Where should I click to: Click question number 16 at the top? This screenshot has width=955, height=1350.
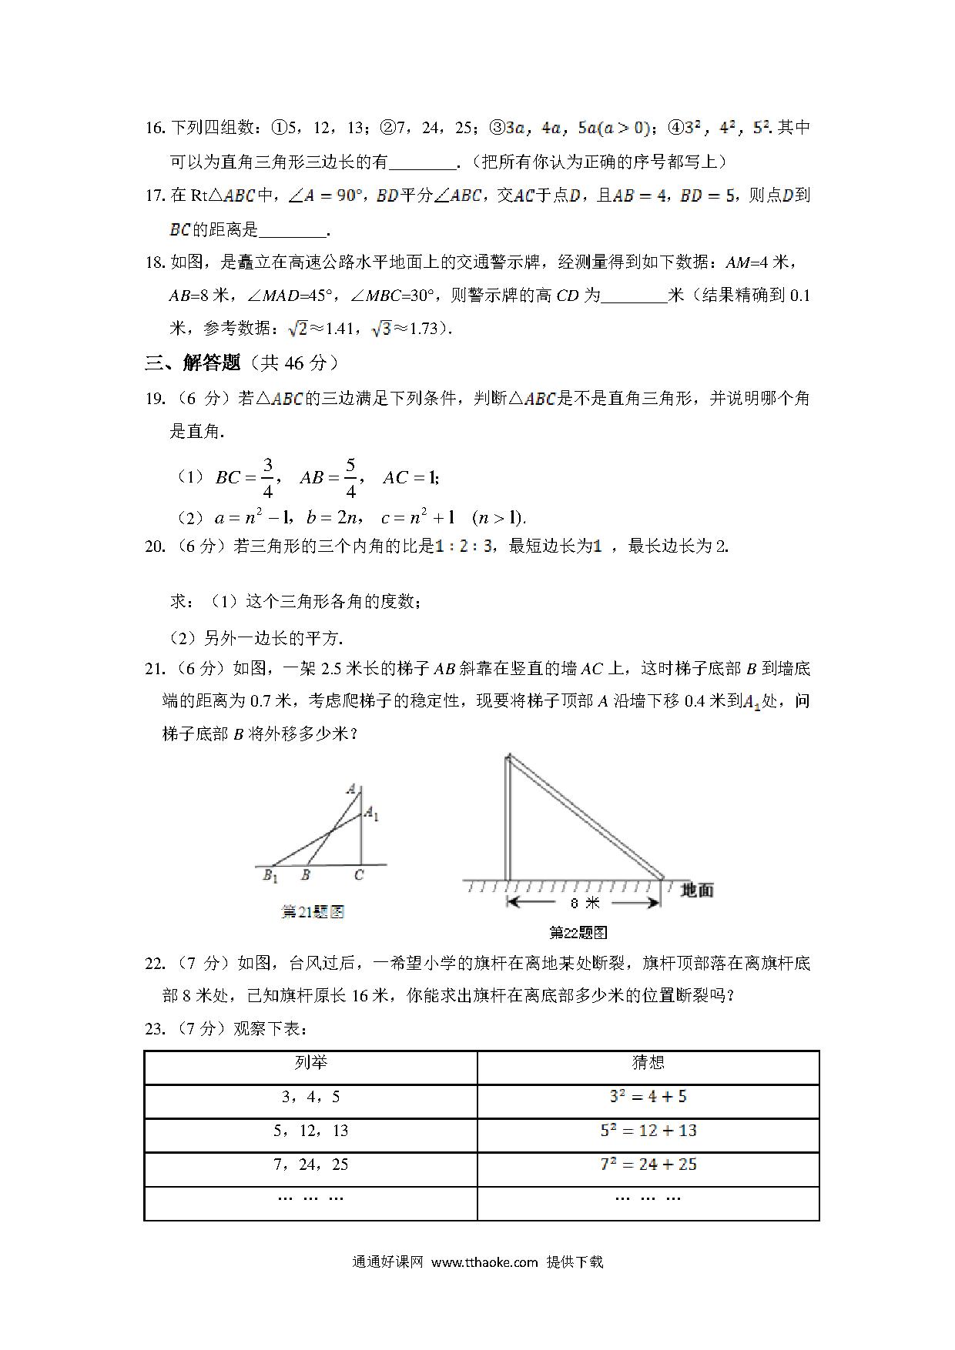(x=155, y=128)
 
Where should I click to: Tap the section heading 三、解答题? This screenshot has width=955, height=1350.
(x=193, y=363)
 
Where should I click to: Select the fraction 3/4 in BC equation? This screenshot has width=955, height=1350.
(x=267, y=478)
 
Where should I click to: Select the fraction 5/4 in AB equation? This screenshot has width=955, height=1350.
(x=350, y=478)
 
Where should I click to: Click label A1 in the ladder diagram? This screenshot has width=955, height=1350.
(x=371, y=814)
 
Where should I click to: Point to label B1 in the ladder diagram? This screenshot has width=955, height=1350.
(x=270, y=876)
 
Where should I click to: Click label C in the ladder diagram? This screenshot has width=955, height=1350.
(x=359, y=875)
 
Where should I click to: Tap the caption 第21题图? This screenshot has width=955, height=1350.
(x=313, y=912)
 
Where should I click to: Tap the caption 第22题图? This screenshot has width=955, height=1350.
(x=578, y=933)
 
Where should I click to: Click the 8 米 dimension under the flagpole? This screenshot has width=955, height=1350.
(x=584, y=903)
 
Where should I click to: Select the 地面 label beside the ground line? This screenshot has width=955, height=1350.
(x=697, y=891)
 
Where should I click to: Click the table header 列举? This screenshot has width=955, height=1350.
(x=311, y=1063)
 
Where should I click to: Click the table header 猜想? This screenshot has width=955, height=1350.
(x=648, y=1063)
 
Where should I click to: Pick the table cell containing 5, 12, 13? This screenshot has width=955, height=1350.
(x=311, y=1131)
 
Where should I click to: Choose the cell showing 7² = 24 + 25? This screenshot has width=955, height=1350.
(x=648, y=1165)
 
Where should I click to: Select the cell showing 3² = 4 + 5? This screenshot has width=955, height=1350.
(x=648, y=1097)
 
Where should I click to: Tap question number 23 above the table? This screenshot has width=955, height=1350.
(x=155, y=1029)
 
